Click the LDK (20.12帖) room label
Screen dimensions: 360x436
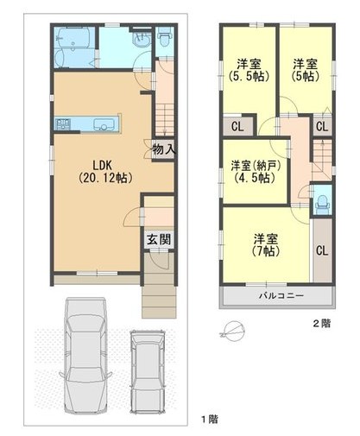pyautogui.click(x=105, y=172)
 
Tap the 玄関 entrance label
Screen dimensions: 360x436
pyautogui.click(x=159, y=239)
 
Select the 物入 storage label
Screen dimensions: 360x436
pyautogui.click(x=164, y=149)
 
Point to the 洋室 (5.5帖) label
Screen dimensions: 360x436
pyautogui.click(x=249, y=70)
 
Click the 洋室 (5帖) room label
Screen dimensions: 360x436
pyautogui.click(x=306, y=70)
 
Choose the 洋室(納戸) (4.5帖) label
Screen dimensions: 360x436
pyautogui.click(x=256, y=172)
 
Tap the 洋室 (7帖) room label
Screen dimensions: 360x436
pyautogui.click(x=266, y=245)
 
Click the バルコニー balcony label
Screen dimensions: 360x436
pyautogui.click(x=281, y=295)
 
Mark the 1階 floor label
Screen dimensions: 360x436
pyautogui.click(x=209, y=419)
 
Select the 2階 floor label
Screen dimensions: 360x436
pyautogui.click(x=322, y=324)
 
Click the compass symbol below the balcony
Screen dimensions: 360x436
pyautogui.click(x=233, y=331)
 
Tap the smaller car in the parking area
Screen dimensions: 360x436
pyautogui.click(x=148, y=372)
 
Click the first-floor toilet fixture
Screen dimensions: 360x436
pyautogui.click(x=165, y=37)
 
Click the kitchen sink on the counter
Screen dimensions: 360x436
pyautogui.click(x=103, y=124)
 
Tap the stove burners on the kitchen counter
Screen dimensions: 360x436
pyautogui.click(x=63, y=124)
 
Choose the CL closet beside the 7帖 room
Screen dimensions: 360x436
pyautogui.click(x=322, y=250)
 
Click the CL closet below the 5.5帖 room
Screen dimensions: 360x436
pyautogui.click(x=237, y=126)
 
